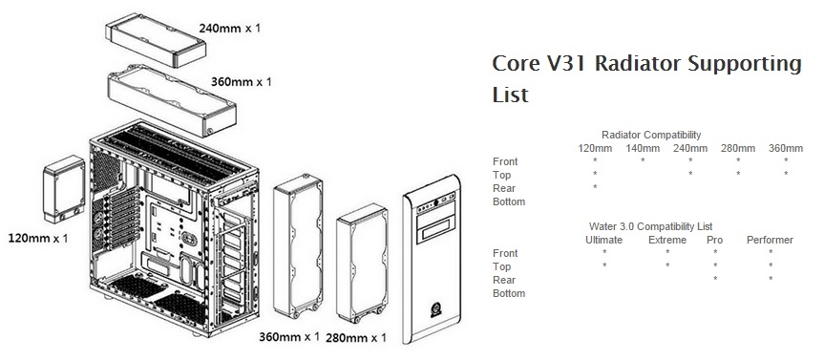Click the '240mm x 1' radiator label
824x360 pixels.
229,28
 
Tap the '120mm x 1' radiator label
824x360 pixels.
38,238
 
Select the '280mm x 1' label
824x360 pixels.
356,337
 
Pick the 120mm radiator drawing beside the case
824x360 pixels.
64,189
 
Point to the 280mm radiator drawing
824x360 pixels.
362,263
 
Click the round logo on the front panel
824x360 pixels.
435,308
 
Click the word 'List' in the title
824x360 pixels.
510,95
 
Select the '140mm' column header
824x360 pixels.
643,148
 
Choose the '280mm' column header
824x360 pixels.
738,148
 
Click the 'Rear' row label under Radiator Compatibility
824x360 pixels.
504,188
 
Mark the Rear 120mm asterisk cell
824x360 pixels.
595,187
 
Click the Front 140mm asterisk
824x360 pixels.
643,160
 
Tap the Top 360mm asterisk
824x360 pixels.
786,174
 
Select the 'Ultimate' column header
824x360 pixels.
603,241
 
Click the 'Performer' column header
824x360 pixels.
770,241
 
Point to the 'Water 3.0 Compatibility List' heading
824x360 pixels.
650,226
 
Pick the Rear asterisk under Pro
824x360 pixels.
715,279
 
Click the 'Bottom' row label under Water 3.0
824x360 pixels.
509,293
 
